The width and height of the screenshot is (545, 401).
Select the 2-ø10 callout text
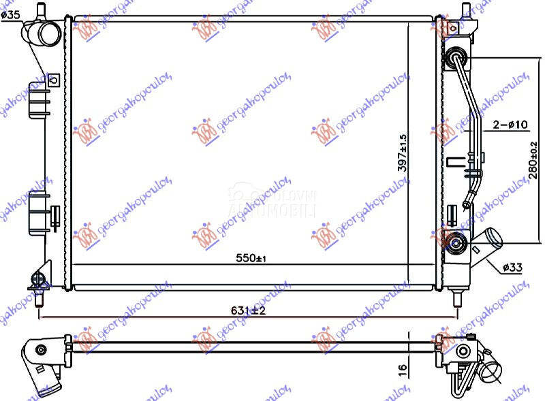point(510,124)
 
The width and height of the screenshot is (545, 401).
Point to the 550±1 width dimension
point(250,258)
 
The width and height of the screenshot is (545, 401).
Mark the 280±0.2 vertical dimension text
point(533,160)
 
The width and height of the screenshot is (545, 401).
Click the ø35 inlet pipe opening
point(49,32)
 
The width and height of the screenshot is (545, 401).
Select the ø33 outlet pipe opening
point(493,239)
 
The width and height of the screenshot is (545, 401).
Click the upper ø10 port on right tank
point(455,59)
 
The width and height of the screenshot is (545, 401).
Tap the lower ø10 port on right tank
point(454,240)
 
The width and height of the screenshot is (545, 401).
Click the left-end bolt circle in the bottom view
point(41,349)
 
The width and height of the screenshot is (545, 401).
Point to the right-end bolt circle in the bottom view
point(463,351)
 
